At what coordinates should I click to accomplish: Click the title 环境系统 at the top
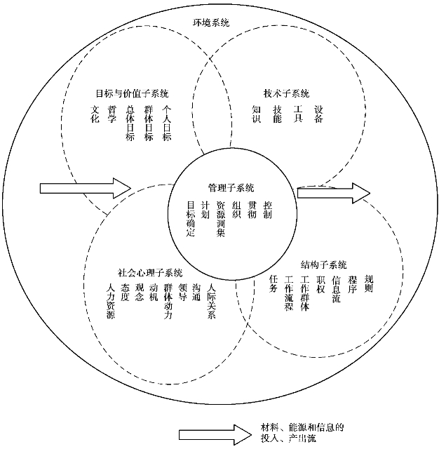pyautogui.click(x=210, y=22)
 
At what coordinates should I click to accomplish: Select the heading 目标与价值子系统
pyautogui.click(x=132, y=93)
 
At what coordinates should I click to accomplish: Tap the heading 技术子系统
pyautogui.click(x=286, y=93)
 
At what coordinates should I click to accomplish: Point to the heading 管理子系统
pyautogui.click(x=231, y=188)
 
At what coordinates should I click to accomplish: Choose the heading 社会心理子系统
pyautogui.click(x=150, y=273)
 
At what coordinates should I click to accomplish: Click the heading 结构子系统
pyautogui.click(x=323, y=264)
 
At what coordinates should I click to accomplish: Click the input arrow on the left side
pyautogui.click(x=86, y=188)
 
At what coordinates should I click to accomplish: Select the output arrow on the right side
pyautogui.click(x=334, y=194)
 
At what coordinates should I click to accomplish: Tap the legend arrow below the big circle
pyautogui.click(x=215, y=435)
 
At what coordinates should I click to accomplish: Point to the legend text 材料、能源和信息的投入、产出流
pyautogui.click(x=302, y=433)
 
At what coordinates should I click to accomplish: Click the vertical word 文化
pyautogui.click(x=95, y=114)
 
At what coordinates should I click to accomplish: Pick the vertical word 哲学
pyautogui.click(x=112, y=114)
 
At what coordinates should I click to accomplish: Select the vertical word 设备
pyautogui.click(x=318, y=114)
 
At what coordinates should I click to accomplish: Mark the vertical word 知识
pyautogui.click(x=257, y=114)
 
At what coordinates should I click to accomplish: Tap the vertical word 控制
pyautogui.click(x=267, y=210)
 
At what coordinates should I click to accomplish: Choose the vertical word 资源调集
pyautogui.click(x=221, y=219)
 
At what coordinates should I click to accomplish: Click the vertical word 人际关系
pyautogui.click(x=211, y=301)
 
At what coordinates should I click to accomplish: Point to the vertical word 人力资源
pyautogui.click(x=111, y=301)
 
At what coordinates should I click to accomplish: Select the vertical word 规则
pyautogui.click(x=368, y=283)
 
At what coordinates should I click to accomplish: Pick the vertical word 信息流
pyautogui.click(x=336, y=288)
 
